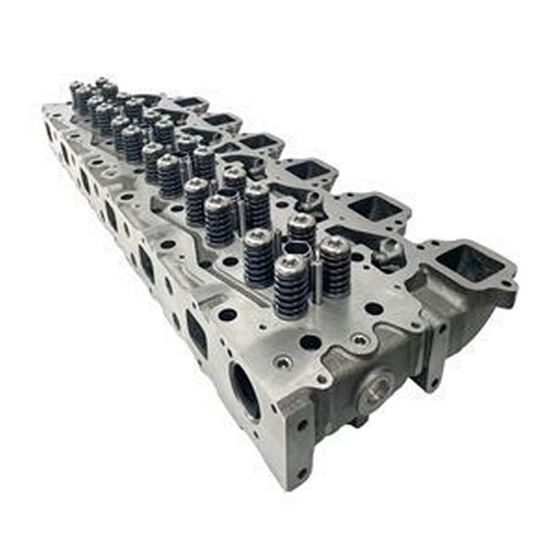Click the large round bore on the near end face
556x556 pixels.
pyautogui.click(x=245, y=391)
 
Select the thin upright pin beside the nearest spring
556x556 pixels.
pyautogui.click(x=317, y=278)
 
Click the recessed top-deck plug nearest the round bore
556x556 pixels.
pyautogui.click(x=283, y=361)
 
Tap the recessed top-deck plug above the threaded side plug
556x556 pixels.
pyautogui.click(x=359, y=340)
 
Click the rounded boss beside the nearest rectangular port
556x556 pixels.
pyautogui.click(x=390, y=252)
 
